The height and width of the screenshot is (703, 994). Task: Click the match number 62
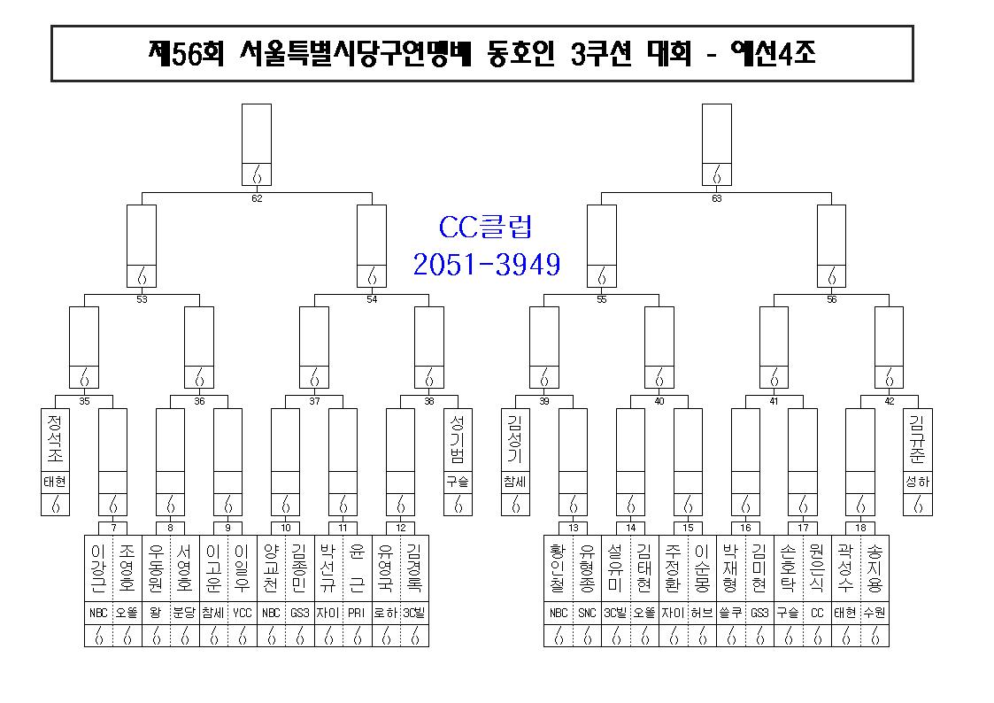[257, 198]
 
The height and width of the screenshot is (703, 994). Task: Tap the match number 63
[716, 198]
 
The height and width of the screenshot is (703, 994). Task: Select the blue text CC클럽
[486, 227]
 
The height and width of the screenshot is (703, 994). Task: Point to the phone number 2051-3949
[487, 265]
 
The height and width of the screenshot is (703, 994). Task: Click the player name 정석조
[55, 438]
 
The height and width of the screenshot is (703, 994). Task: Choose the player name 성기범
[458, 438]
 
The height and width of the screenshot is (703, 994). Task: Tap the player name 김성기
[515, 438]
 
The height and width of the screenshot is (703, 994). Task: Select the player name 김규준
[917, 438]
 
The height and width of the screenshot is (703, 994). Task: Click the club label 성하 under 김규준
[917, 483]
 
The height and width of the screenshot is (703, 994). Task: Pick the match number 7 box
[113, 528]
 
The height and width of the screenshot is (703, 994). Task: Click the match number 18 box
[860, 528]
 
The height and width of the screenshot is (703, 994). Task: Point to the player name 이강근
[98, 568]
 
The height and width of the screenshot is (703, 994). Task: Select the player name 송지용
[875, 568]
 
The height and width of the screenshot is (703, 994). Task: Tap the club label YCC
[243, 613]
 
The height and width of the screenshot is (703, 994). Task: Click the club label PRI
[357, 613]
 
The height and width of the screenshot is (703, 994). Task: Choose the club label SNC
[587, 613]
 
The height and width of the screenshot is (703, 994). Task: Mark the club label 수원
[875, 613]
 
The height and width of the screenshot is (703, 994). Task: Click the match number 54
[372, 299]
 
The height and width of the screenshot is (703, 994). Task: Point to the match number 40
[659, 401]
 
